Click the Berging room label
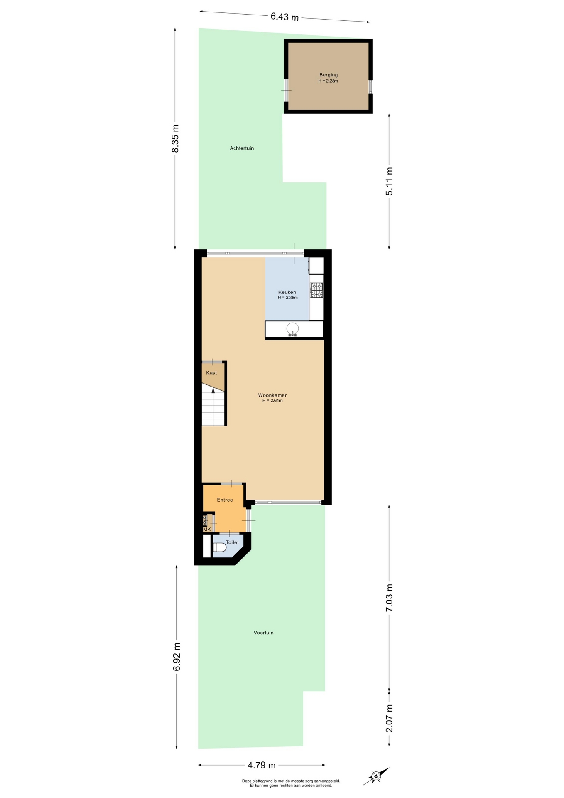328,75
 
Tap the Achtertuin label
242,148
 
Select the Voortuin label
263,633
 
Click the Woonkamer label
272,395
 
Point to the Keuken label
287,292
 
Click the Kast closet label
211,373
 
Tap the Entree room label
225,500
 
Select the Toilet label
232,542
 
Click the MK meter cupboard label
207,529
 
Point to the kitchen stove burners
317,290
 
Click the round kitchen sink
293,329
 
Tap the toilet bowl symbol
219,547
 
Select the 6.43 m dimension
284,17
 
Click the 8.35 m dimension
175,138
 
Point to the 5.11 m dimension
389,181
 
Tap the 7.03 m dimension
389,597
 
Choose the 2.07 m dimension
389,719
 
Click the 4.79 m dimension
262,765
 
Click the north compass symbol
376,776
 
